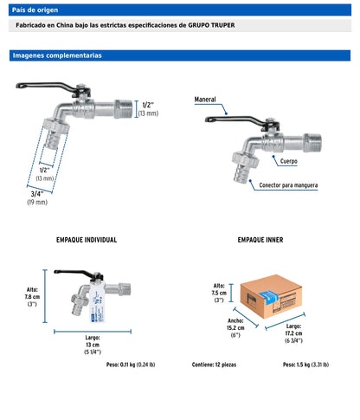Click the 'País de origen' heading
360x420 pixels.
(x=35, y=10)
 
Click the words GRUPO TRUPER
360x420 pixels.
(x=211, y=25)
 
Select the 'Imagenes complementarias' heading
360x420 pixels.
(x=57, y=55)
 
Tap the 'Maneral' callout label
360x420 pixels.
(x=205, y=100)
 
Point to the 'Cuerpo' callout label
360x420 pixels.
(x=289, y=161)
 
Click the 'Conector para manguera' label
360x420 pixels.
(x=288, y=185)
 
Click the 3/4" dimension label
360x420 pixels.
(x=37, y=194)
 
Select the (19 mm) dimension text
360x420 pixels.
(x=37, y=202)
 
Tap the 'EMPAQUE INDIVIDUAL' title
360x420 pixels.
(x=87, y=240)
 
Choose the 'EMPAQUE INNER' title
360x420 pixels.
(x=260, y=240)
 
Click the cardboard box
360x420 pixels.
(x=271, y=296)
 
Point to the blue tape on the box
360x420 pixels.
(x=269, y=297)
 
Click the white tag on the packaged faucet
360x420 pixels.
(x=97, y=301)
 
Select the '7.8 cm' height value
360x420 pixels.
(x=32, y=297)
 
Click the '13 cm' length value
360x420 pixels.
(x=93, y=345)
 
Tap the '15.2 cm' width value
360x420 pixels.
(x=235, y=328)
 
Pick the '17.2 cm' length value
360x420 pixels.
(x=293, y=333)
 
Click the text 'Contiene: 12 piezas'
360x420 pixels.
(x=214, y=365)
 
